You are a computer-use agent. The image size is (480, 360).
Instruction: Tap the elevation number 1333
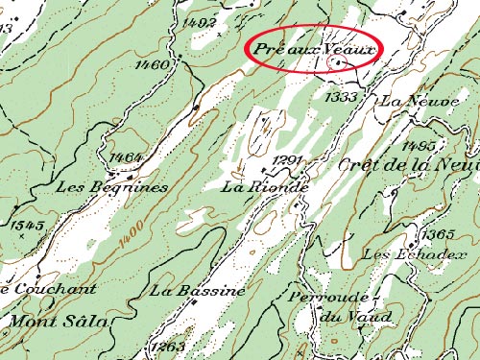coord(341,97)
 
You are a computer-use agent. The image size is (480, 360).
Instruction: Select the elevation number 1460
coord(154,64)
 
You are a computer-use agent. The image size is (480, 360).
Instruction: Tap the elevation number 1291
coord(288,159)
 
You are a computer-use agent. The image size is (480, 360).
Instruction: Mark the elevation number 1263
coord(167,347)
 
